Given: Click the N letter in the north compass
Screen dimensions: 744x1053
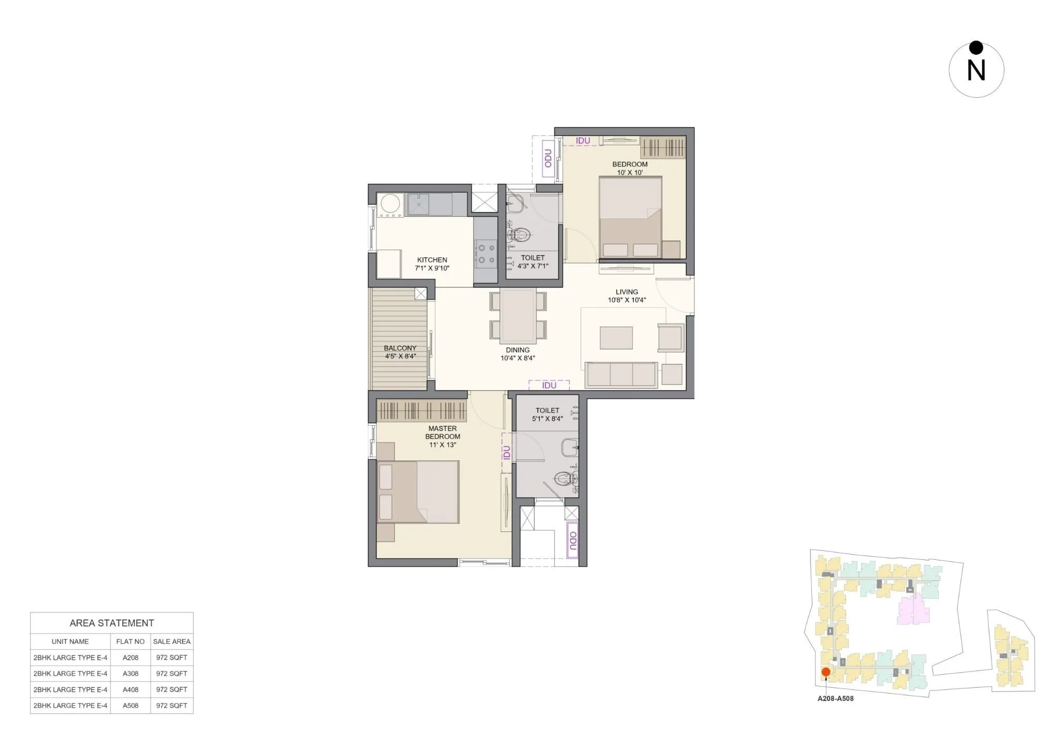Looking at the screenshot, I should pos(976,71).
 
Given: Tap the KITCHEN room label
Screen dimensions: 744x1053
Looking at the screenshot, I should pos(432,260).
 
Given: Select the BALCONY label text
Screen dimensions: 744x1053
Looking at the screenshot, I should pos(400,348).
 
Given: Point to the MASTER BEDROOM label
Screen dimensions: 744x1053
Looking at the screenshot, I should pos(442,433).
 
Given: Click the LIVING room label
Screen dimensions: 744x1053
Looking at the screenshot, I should pos(627,292).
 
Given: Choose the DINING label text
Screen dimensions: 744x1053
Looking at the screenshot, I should pos(518,350).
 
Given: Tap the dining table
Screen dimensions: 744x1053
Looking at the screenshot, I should pos(518,315).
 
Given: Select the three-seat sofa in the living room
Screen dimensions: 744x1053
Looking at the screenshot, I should pos(621,375).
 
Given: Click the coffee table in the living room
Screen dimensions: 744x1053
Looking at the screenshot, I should pos(616,337).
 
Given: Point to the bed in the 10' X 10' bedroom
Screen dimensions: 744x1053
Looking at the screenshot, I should pos(630,217).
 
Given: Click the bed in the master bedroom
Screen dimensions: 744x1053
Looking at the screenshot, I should pos(418,491).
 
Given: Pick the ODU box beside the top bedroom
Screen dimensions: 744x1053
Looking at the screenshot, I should pos(548,158).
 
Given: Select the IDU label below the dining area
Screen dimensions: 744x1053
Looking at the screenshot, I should pos(549,385).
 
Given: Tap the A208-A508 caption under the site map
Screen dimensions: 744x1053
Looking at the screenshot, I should pos(836,699).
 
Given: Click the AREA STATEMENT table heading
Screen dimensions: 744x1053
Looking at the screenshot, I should pos(112,623).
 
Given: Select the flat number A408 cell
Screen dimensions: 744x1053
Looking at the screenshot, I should pos(131,689).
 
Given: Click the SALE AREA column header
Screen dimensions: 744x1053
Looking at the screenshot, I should pos(172,641).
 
